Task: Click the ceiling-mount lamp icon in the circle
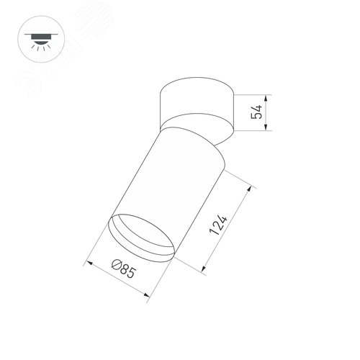tap(33, 37)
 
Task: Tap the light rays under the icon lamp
tap(33, 44)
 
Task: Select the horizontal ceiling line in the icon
tap(33, 32)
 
